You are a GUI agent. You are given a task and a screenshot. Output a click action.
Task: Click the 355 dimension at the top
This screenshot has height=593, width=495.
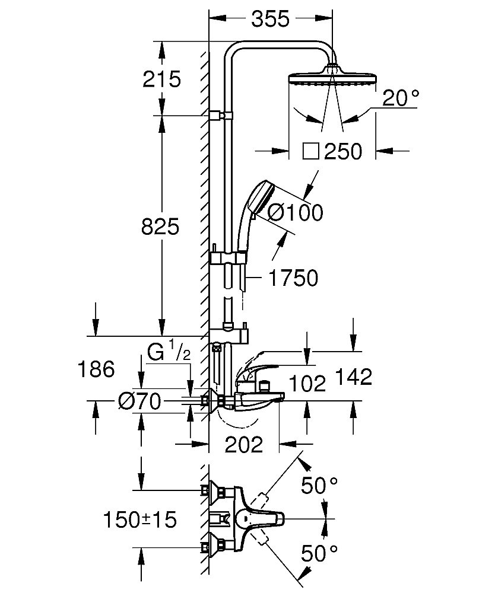(269, 20)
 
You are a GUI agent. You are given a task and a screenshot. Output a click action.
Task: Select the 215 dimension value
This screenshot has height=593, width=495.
(161, 79)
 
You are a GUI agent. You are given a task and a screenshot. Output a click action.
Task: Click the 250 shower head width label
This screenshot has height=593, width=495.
(342, 152)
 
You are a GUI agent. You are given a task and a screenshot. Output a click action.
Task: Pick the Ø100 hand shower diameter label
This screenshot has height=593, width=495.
(295, 212)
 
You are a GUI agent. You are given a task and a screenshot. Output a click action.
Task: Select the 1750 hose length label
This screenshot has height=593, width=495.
(293, 278)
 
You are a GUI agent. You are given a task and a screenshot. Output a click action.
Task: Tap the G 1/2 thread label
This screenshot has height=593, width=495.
(169, 353)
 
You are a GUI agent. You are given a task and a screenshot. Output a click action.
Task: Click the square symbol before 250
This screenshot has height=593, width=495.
(310, 152)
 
